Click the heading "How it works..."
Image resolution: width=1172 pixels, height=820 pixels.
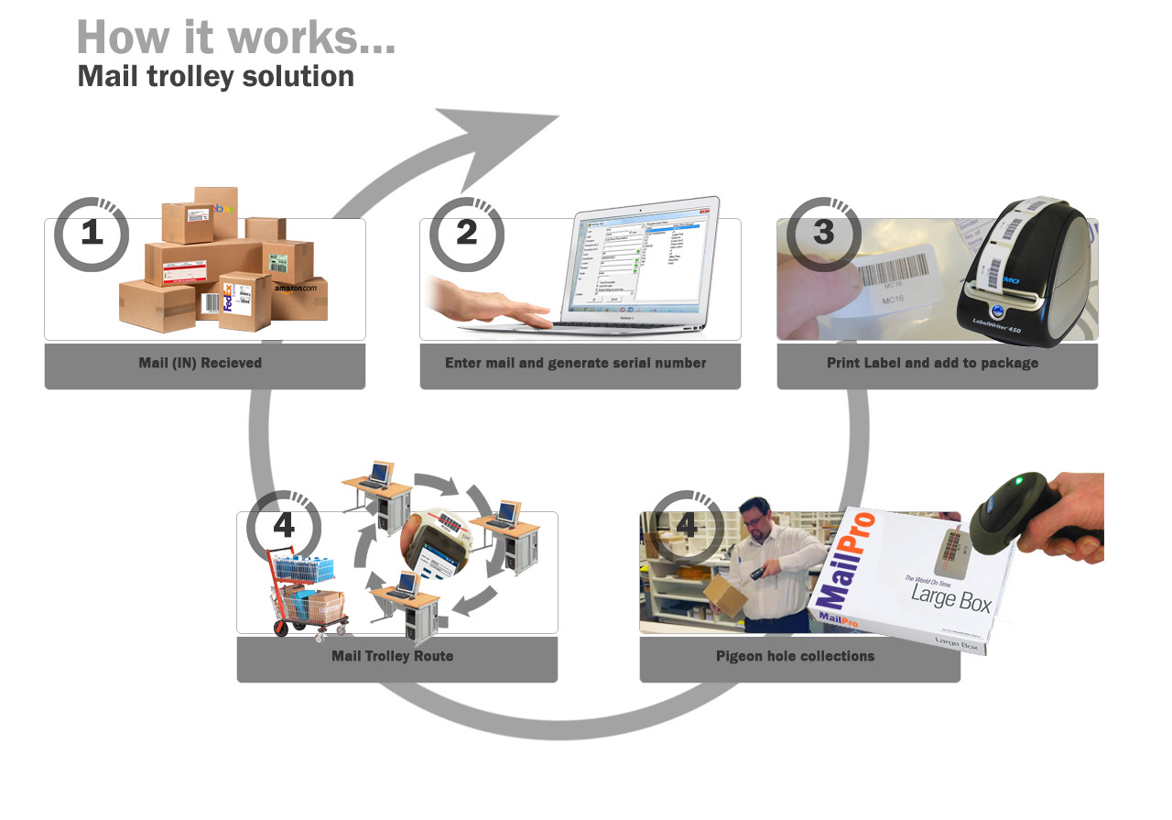pyautogui.click(x=236, y=38)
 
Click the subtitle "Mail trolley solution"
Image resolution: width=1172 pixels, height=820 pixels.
pyautogui.click(x=216, y=76)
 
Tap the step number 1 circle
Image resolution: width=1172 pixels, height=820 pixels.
pyautogui.click(x=92, y=234)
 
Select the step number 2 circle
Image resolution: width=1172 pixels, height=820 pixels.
pyautogui.click(x=467, y=234)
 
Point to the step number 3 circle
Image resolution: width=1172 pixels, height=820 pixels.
pyautogui.click(x=824, y=234)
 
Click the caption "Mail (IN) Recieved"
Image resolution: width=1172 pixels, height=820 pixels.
pyautogui.click(x=201, y=363)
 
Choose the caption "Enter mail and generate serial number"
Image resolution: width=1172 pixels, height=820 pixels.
pyautogui.click(x=575, y=363)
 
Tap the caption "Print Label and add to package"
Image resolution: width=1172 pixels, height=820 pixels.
pyautogui.click(x=932, y=363)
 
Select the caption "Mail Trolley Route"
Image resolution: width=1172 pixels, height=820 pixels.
pyautogui.click(x=392, y=656)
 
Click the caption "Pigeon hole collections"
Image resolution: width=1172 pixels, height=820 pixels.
pyautogui.click(x=795, y=656)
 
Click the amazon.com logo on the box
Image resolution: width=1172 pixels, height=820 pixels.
pyautogui.click(x=295, y=288)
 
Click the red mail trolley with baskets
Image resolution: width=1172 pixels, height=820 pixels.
pyautogui.click(x=307, y=591)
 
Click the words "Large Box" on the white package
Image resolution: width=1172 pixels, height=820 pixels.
pyautogui.click(x=950, y=596)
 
